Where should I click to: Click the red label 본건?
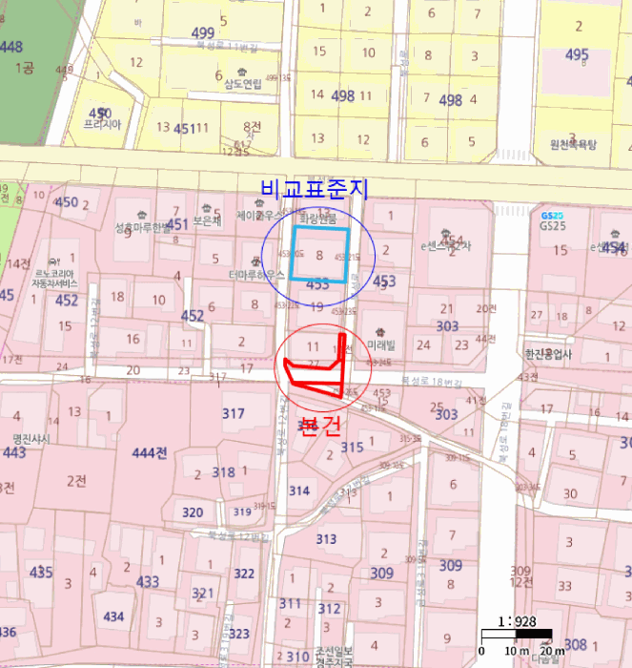pyautogui.click(x=318, y=425)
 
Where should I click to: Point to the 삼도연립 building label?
pyautogui.click(x=242, y=84)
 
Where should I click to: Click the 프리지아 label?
pyautogui.click(x=102, y=124)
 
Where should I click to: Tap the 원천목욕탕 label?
pyautogui.click(x=572, y=145)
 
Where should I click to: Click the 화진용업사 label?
pyautogui.click(x=548, y=354)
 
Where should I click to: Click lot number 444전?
pyautogui.click(x=151, y=451)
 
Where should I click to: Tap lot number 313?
pyautogui.click(x=326, y=539)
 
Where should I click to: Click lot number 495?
pyautogui.click(x=577, y=55)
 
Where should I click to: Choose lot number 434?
pyautogui.click(x=113, y=616)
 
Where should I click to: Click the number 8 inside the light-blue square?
pyautogui.click(x=319, y=256)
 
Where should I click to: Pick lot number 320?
pyautogui.click(x=193, y=512)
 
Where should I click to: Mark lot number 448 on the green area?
pyautogui.click(x=10, y=46)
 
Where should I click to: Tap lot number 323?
pyautogui.click(x=239, y=633)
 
